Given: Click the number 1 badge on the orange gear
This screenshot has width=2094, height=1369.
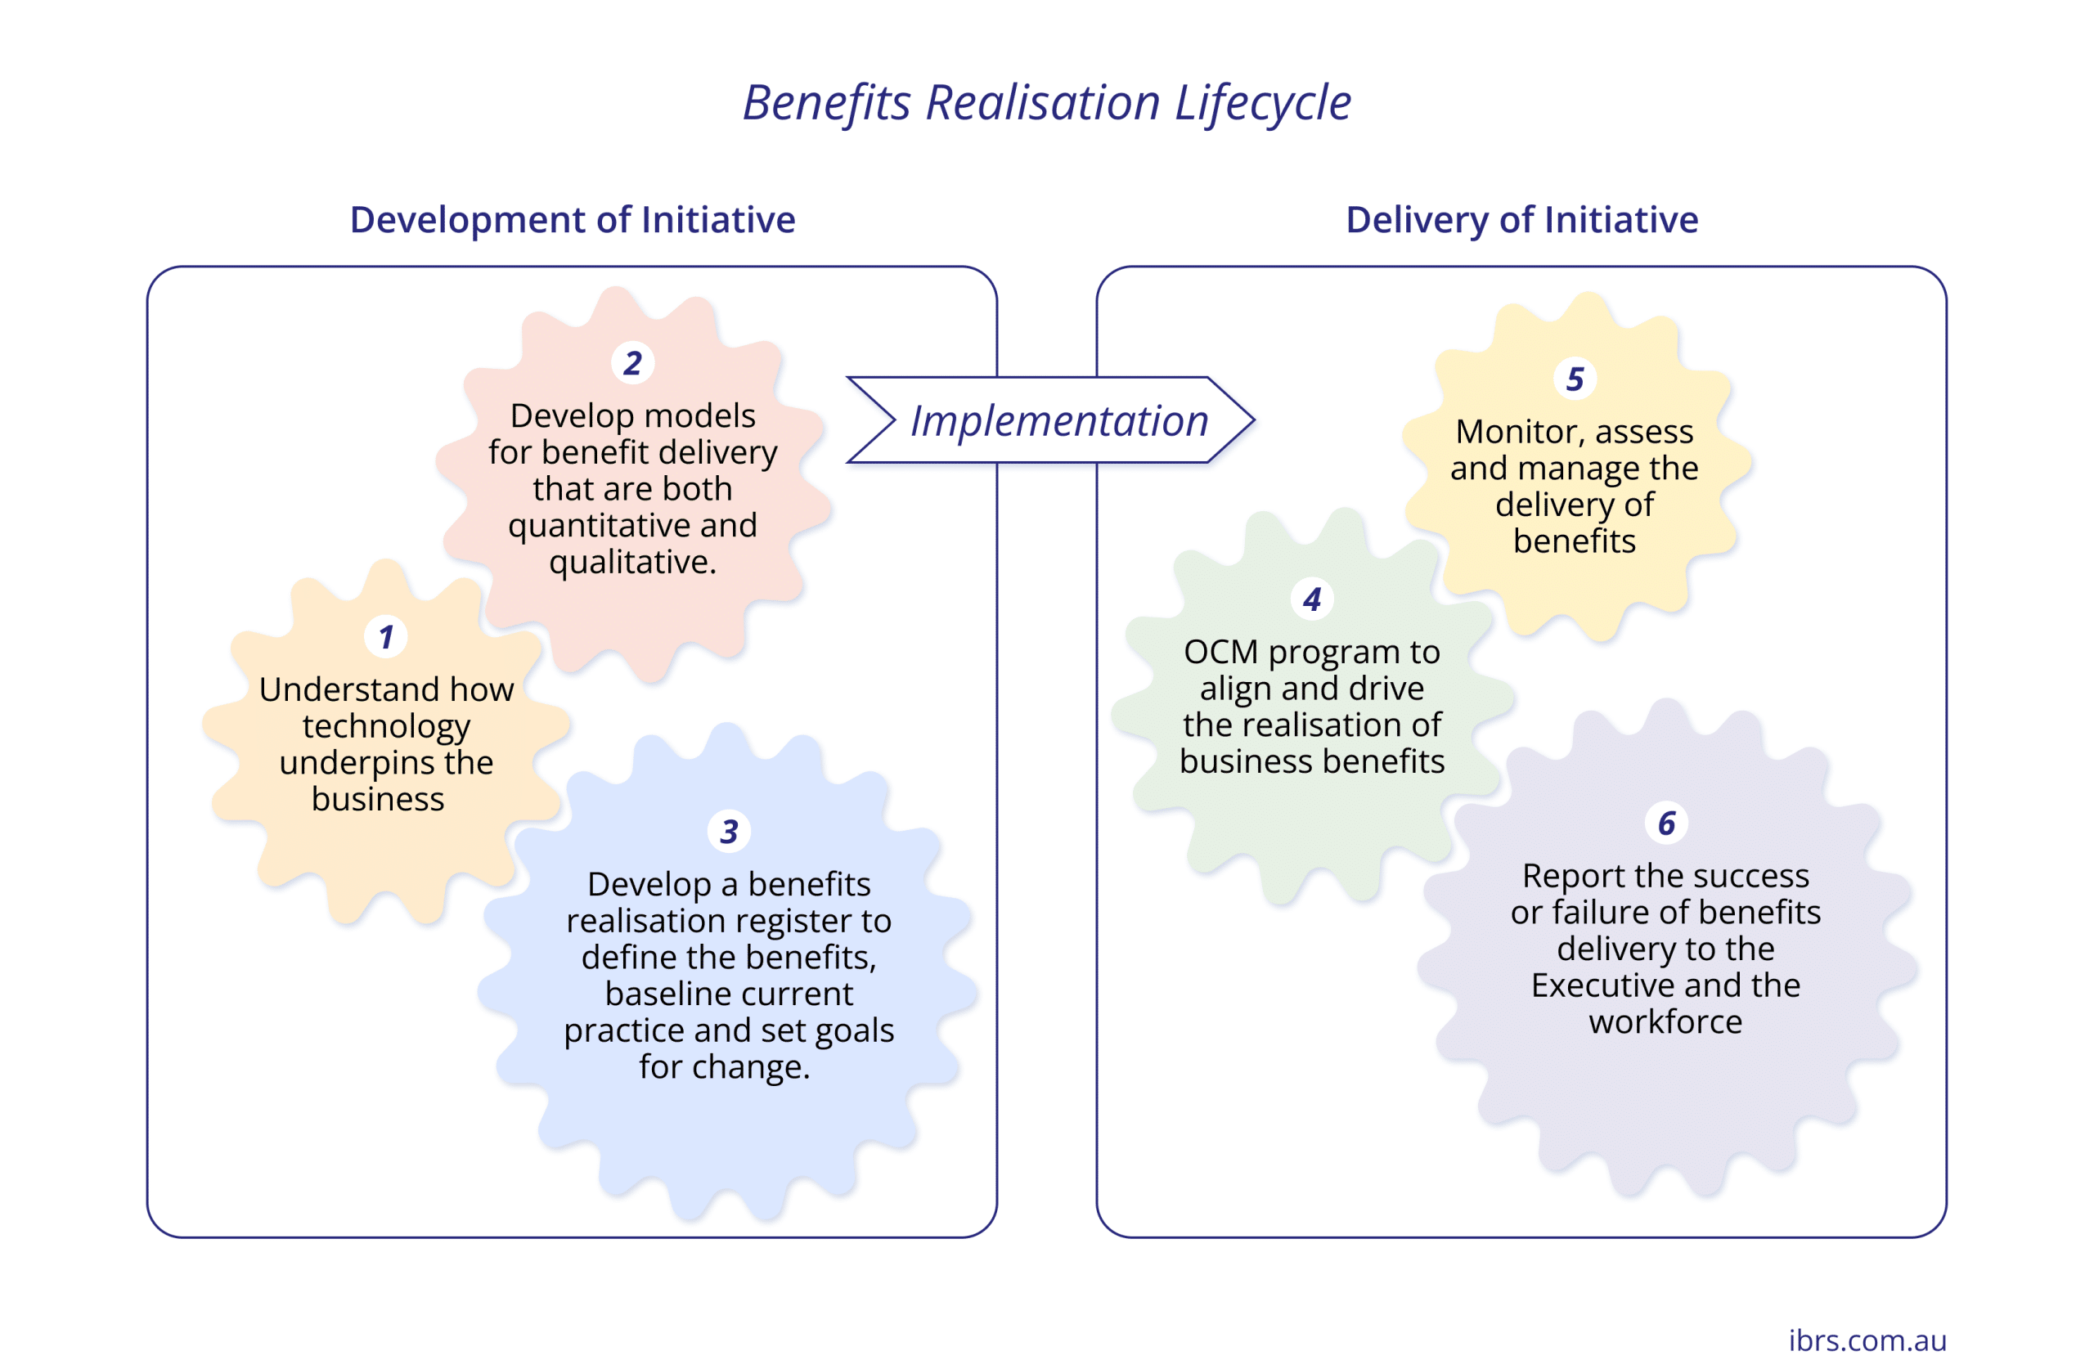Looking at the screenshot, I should click(385, 637).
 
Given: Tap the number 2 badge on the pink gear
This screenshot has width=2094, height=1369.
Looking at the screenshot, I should click(632, 362).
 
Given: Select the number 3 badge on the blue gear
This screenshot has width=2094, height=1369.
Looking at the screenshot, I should click(729, 832).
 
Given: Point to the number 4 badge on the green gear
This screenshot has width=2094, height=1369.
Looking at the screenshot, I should click(1312, 599).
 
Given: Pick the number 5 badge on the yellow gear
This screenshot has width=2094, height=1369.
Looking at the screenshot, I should click(1575, 379).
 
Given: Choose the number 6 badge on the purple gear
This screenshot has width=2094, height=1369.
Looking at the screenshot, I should click(1666, 824).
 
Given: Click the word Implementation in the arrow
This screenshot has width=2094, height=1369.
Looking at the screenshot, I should click(1059, 420).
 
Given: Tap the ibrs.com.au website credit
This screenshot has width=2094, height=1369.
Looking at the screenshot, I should click(1867, 1339).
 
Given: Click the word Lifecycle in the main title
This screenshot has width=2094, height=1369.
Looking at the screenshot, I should click(1263, 103).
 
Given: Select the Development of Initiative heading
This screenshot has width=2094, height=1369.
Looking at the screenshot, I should click(573, 219).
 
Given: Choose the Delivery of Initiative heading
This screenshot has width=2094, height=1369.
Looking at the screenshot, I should click(1522, 219).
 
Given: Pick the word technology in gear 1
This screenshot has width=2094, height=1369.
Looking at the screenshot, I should click(386, 727).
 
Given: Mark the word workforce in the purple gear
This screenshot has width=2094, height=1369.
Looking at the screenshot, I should click(1665, 1021).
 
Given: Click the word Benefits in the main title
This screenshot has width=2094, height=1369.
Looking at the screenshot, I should click(827, 103).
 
